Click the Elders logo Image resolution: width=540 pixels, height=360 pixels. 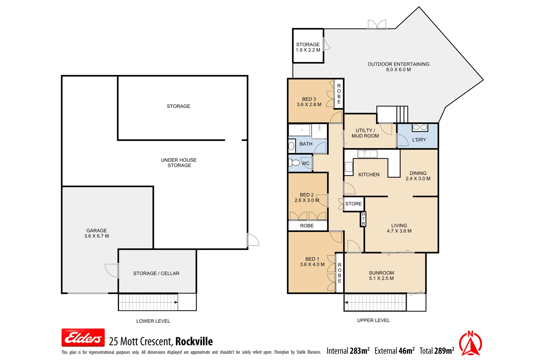tap(83, 338)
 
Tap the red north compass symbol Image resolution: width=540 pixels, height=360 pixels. tap(470, 343)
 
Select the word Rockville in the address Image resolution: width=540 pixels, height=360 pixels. tap(194, 341)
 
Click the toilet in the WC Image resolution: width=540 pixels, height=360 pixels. tap(295, 163)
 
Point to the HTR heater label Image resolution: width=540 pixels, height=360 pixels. tap(363, 219)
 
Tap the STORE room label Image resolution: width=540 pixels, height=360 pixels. tap(353, 204)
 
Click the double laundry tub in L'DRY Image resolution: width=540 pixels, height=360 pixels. tap(420, 127)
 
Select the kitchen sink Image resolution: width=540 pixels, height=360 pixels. tap(367, 154)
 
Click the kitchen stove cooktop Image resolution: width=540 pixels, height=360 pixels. tap(349, 167)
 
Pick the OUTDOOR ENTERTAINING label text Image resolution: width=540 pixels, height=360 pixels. tap(398, 64)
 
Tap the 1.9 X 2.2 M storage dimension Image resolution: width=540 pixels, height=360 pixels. tap(308, 50)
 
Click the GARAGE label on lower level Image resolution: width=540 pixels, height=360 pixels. tap(96, 230)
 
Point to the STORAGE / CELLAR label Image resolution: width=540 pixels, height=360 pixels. tap(156, 273)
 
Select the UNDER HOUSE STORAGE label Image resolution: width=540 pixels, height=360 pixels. tap(179, 163)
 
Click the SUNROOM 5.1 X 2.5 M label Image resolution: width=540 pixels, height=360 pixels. tap(381, 275)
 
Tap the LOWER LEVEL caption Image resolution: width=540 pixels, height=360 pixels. tap(153, 321)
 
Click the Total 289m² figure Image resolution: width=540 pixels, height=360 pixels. tap(437, 351)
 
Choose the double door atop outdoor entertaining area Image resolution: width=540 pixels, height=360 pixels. tap(377, 25)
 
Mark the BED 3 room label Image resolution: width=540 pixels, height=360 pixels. tap(309, 99)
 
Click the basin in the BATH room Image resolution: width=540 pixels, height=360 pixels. tap(291, 146)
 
